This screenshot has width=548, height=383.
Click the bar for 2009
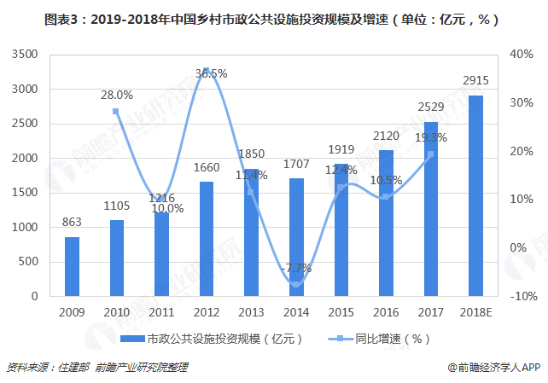click(72, 266)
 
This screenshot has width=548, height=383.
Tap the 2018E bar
click(475, 195)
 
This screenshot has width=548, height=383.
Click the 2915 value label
click(475, 80)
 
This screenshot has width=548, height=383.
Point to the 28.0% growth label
click(117, 95)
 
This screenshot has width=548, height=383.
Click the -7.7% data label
click(296, 268)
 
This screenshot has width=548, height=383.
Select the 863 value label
click(72, 223)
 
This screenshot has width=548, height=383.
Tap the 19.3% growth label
click(431, 136)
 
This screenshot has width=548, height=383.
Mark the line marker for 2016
click(386, 197)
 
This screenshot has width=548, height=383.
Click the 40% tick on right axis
click(521, 54)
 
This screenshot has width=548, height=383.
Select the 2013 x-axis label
click(251, 311)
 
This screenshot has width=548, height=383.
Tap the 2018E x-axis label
click(475, 311)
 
